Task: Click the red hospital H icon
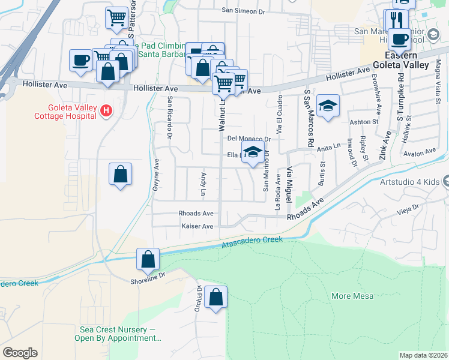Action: (106, 110)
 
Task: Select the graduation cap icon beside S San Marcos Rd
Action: (328, 106)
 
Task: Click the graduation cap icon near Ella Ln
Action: (253, 152)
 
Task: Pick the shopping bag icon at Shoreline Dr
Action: (148, 260)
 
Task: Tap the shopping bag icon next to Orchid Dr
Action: (215, 297)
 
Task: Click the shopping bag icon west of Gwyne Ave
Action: (120, 174)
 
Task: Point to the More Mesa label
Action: (352, 296)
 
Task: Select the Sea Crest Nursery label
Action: (120, 334)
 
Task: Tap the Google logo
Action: (20, 353)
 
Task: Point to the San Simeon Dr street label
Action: (243, 11)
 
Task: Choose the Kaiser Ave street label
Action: (197, 226)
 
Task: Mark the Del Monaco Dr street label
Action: (249, 138)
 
